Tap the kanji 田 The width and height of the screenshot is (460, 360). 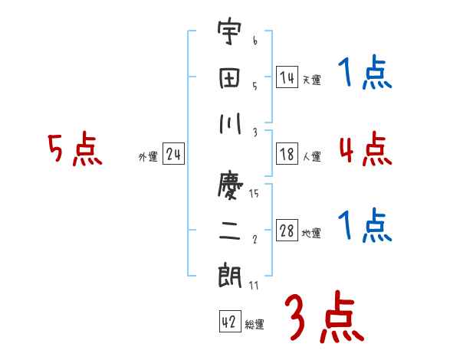[229, 78]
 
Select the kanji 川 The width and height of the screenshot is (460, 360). [229, 122]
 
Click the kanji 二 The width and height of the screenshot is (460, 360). [229, 230]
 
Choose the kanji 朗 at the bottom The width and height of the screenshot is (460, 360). [229, 274]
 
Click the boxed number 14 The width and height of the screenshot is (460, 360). [287, 77]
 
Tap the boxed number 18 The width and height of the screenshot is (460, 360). [287, 155]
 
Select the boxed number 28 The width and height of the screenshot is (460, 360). [287, 231]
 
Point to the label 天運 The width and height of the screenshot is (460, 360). [311, 80]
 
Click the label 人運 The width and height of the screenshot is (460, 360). [311, 157]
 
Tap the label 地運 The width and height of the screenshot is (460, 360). [311, 234]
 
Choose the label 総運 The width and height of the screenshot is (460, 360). [255, 324]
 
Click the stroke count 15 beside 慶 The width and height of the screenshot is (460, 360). [254, 193]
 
